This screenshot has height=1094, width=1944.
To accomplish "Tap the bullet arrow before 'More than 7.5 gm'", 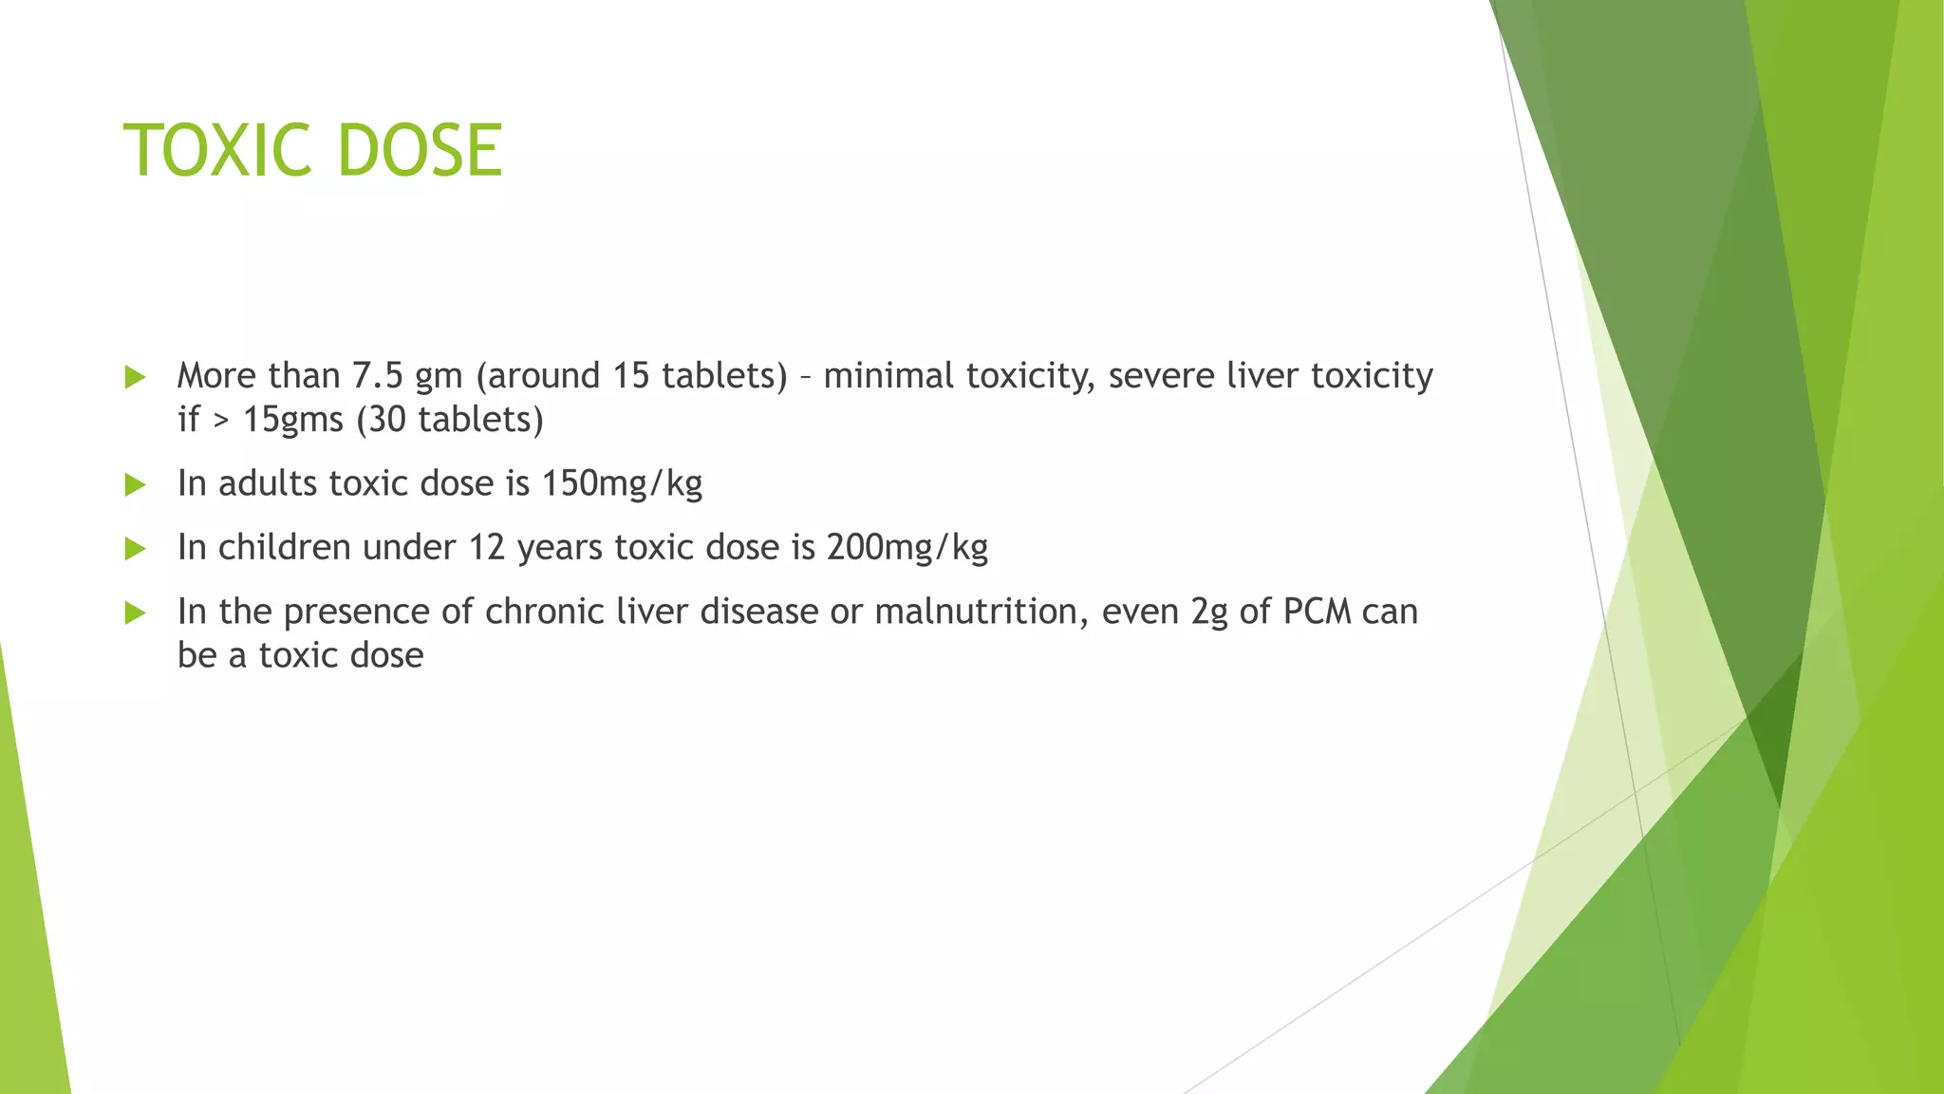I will [x=135, y=378].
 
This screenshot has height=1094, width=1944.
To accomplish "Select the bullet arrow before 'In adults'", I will [x=135, y=485].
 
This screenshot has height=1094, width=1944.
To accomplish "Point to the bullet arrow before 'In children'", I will [x=135, y=549].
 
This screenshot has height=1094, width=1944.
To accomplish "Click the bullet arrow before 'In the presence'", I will [x=135, y=613].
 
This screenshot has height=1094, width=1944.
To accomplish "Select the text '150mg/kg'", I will [x=622, y=484].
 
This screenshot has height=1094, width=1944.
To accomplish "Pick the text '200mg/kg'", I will [x=907, y=548].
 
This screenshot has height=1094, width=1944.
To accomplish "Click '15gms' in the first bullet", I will [x=292, y=420].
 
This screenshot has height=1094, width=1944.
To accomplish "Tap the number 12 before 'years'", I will [x=487, y=548].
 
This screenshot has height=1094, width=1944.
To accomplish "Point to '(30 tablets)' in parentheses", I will [x=450, y=420].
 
